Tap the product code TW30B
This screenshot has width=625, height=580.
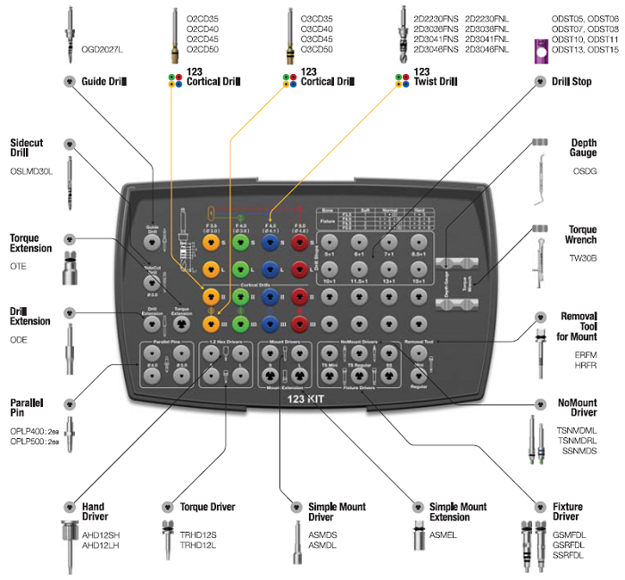pyautogui.click(x=583, y=259)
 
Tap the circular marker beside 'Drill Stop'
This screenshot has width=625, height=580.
pyautogui.click(x=539, y=81)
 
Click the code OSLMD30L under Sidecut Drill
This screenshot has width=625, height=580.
pyautogui.click(x=31, y=170)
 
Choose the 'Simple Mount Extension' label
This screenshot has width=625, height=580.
pyautogui.click(x=458, y=512)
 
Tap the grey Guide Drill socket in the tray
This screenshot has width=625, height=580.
pyautogui.click(x=152, y=242)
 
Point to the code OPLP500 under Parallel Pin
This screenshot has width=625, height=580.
pyautogui.click(x=28, y=442)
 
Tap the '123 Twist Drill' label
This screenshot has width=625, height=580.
pyautogui.click(x=435, y=76)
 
